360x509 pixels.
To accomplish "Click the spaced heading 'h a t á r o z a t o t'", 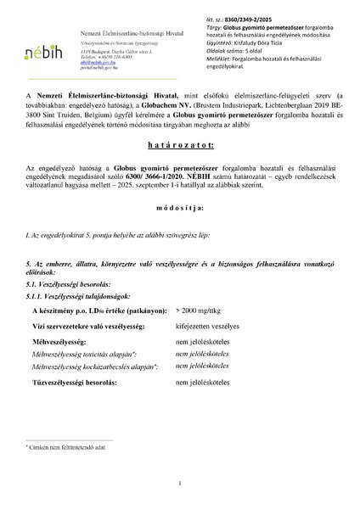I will [179, 170].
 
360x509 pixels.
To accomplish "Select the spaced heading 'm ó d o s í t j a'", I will [179, 231].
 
